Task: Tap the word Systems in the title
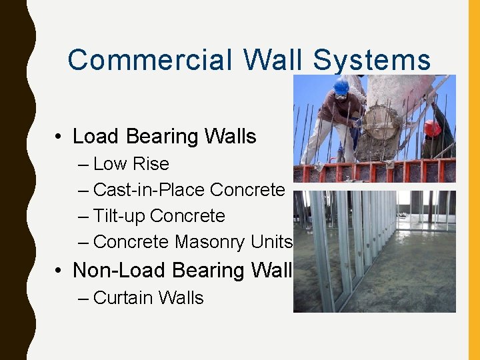[371, 60]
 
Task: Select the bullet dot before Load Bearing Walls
[59, 137]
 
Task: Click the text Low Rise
[131, 164]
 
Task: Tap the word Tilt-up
[119, 216]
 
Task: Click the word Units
[272, 242]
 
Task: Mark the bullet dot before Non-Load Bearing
[59, 271]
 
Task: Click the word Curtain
[124, 297]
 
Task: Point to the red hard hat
[433, 128]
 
